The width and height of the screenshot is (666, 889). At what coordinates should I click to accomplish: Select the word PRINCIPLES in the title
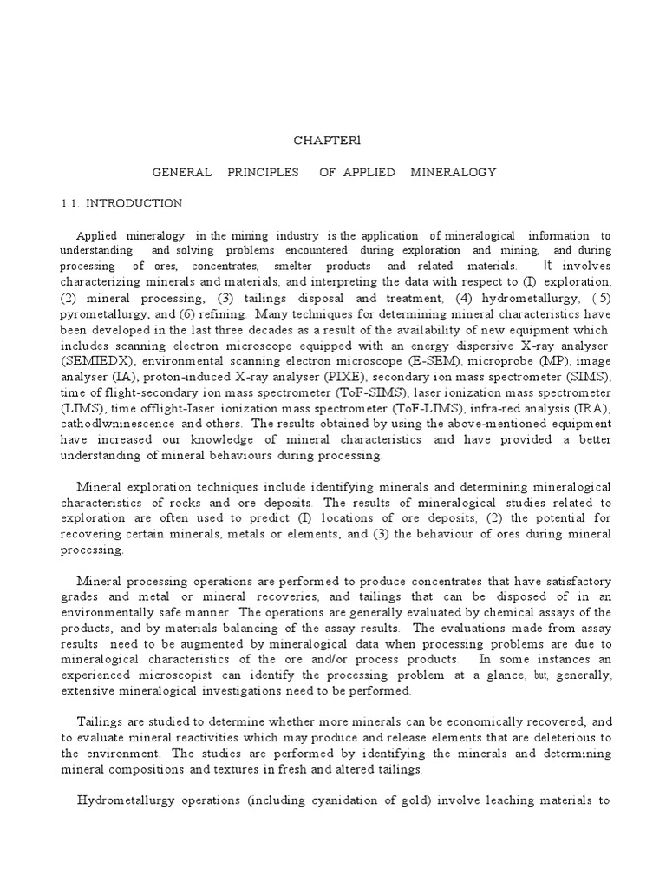tap(259, 172)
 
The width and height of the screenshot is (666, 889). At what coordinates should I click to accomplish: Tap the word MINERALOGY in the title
tap(454, 172)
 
